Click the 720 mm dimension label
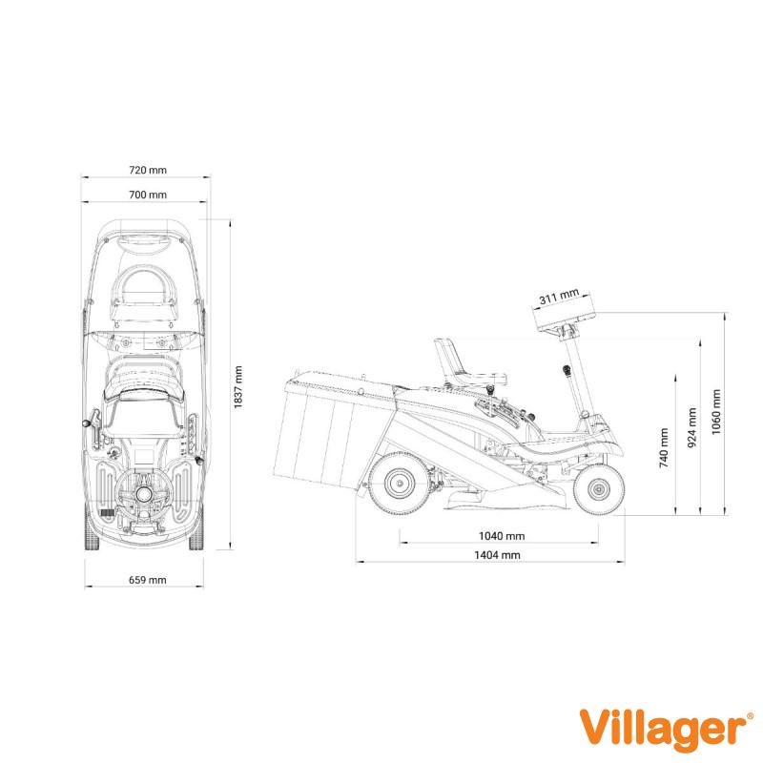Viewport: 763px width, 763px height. (x=148, y=170)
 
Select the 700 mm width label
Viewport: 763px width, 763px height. (x=148, y=195)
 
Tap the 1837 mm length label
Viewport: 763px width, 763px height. (x=237, y=387)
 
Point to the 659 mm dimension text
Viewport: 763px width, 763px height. (x=148, y=580)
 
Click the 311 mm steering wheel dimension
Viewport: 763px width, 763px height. (x=559, y=296)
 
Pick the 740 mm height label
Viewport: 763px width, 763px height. (x=664, y=447)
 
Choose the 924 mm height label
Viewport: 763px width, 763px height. (x=691, y=427)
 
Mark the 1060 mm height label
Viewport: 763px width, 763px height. (x=716, y=412)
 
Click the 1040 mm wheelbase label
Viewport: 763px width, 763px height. (x=502, y=536)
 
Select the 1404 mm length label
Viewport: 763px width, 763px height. (x=497, y=555)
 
